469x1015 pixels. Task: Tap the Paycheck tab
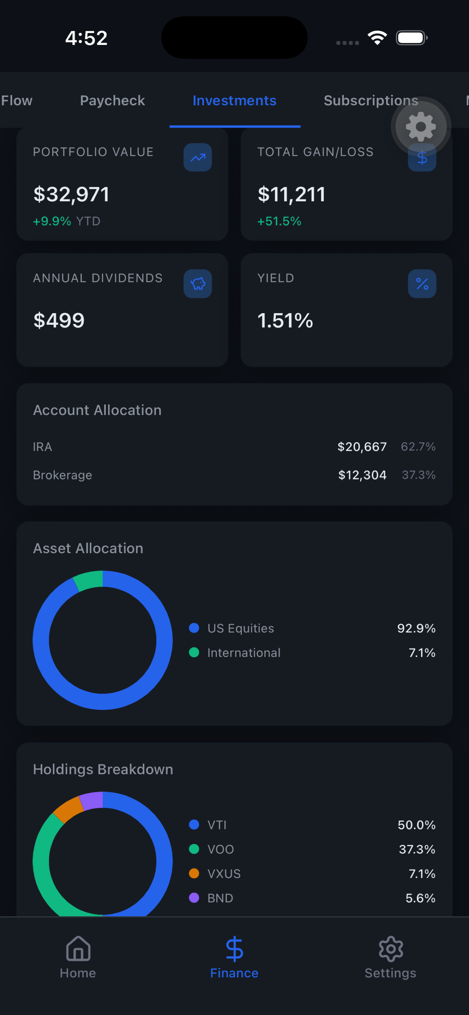[x=112, y=100]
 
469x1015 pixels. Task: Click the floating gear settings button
[x=420, y=126]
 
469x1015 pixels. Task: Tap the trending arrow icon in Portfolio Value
[x=198, y=157]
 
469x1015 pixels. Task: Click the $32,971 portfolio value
[x=71, y=194]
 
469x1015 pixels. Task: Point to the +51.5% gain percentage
[x=279, y=221]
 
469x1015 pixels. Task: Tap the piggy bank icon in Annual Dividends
[x=198, y=284]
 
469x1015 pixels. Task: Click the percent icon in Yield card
[x=422, y=284]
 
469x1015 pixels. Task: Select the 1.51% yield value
[x=285, y=320]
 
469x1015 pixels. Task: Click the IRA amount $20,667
[x=362, y=446]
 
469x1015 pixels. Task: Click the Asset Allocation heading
[x=88, y=548]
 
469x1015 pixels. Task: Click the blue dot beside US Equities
[x=194, y=628]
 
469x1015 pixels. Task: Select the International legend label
[x=244, y=653]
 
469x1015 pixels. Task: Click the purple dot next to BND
[x=194, y=898]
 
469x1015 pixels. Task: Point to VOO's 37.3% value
[x=417, y=849]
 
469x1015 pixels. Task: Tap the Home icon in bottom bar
[x=78, y=949]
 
